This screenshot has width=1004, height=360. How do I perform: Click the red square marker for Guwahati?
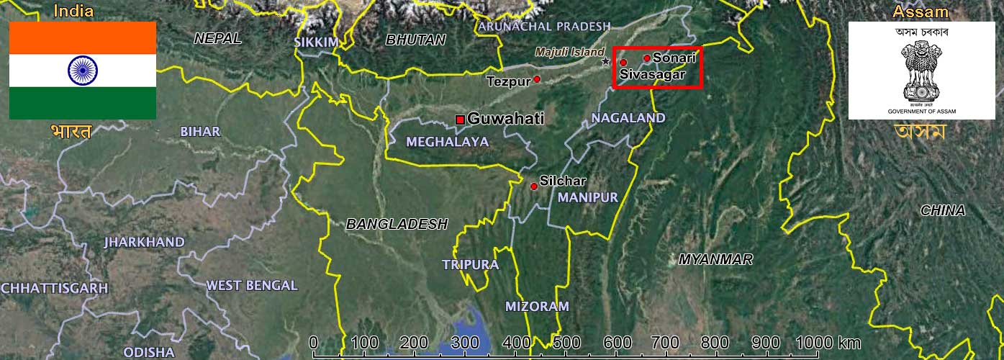(x=460, y=120)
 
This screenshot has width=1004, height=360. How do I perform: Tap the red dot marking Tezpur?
(x=537, y=78)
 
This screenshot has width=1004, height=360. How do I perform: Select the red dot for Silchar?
(x=534, y=186)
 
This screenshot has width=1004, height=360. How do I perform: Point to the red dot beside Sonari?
(x=647, y=58)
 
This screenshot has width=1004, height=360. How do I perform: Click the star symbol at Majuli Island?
(x=607, y=62)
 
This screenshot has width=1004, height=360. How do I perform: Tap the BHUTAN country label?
(x=416, y=40)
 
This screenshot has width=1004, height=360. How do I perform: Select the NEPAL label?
(x=217, y=39)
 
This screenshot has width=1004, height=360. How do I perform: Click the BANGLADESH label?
(x=397, y=224)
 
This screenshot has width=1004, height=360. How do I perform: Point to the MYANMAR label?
(x=715, y=259)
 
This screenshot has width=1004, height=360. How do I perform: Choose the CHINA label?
(x=943, y=210)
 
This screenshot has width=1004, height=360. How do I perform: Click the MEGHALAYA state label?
(x=447, y=142)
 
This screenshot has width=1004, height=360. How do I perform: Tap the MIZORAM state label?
(x=537, y=306)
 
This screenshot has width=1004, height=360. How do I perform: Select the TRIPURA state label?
(x=471, y=265)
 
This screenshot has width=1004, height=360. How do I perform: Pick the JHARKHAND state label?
(x=144, y=242)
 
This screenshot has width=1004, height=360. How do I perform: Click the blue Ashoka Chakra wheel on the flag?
(x=83, y=70)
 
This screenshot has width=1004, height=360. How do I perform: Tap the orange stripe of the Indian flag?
(x=83, y=37)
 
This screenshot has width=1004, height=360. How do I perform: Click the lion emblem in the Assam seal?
(x=922, y=72)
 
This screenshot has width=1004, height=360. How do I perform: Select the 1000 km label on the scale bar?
(x=828, y=343)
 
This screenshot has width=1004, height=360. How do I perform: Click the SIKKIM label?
(x=316, y=42)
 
